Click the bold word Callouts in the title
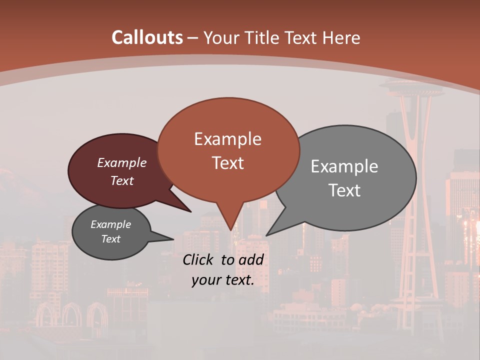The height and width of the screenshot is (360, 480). click(147, 37)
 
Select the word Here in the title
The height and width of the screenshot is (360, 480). click(341, 37)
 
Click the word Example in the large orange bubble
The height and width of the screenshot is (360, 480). click(227, 139)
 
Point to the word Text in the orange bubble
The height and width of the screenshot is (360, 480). click(227, 163)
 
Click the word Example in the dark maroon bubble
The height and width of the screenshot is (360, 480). click(121, 163)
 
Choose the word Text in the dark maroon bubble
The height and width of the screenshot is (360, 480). click(121, 181)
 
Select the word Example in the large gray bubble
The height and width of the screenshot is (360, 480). click(344, 166)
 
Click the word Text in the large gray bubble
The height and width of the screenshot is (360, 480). click(344, 190)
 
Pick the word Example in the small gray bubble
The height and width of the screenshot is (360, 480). click(110, 225)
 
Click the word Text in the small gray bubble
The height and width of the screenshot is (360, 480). click(110, 239)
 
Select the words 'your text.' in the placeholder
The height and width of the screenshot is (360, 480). click(222, 280)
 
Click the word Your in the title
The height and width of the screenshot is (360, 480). click(219, 37)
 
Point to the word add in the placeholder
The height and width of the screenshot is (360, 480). click(250, 259)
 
